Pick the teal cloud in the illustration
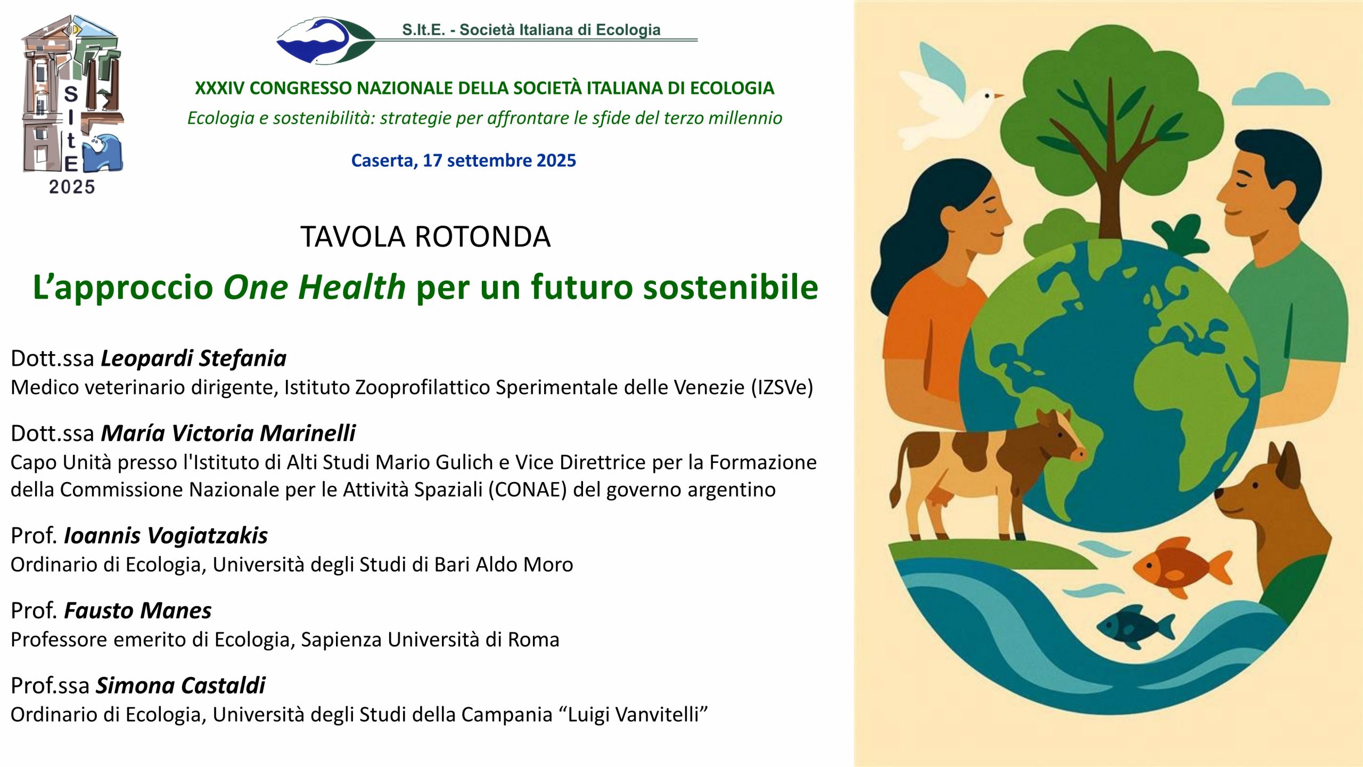[1280, 91]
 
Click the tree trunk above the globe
[1110, 176]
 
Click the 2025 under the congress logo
[72, 187]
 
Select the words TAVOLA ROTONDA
[425, 236]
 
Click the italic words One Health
[315, 287]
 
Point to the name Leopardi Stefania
[194, 358]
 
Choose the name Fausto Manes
[138, 610]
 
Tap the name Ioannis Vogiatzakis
[166, 535]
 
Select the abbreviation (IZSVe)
[782, 387]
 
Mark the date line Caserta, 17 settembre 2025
[464, 160]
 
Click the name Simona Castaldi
[180, 686]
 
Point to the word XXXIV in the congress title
[220, 88]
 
